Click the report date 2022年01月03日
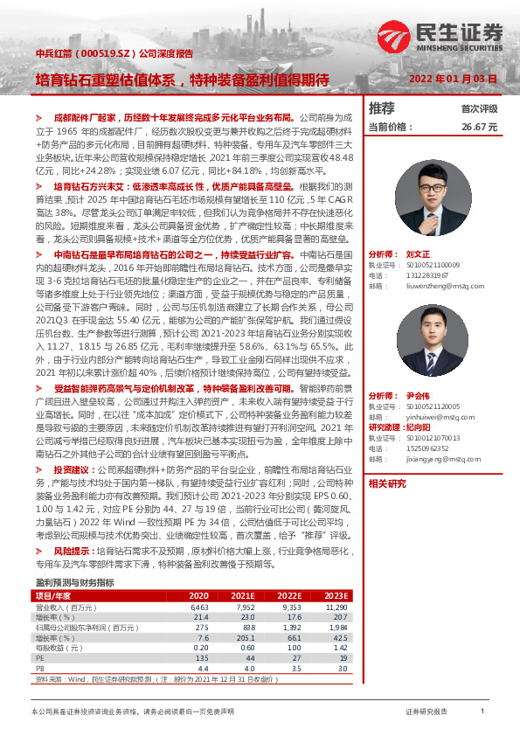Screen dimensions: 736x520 pos(454,78)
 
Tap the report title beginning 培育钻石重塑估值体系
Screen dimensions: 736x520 pos(181,79)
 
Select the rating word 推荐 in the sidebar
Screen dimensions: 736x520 pos(381,108)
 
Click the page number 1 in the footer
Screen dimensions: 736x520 pos(482,712)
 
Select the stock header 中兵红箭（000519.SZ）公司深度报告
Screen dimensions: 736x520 pos(114,53)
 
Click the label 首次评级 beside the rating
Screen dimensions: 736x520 pos(479,109)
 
